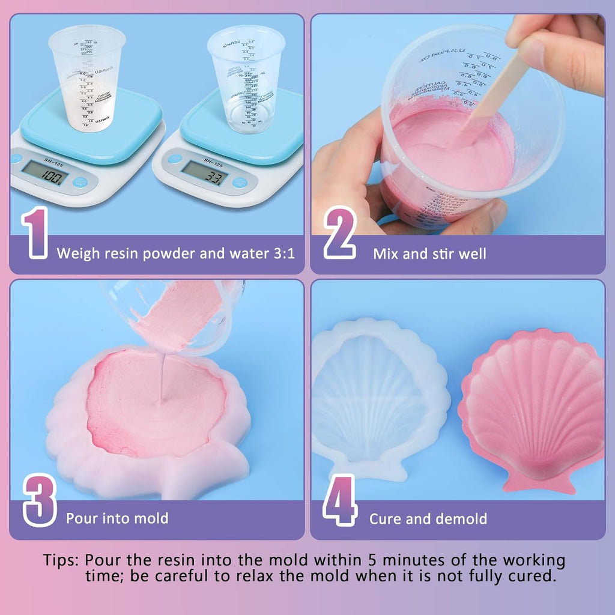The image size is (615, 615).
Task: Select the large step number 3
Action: (40, 500)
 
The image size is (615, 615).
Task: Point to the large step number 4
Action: (340, 500)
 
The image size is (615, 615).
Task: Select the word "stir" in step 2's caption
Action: (441, 253)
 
